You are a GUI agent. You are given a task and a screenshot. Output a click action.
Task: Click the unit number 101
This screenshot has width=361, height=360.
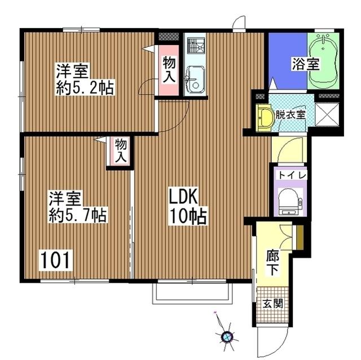tap(55, 260)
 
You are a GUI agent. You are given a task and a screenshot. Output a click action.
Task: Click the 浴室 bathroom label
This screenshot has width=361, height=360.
tap(306, 64)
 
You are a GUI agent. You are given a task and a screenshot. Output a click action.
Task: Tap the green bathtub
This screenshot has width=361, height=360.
tap(323, 61)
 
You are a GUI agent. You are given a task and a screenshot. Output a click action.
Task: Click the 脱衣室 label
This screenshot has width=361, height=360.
tap(290, 115)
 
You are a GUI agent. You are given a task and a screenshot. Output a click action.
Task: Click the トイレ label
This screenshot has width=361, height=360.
tap(292, 176)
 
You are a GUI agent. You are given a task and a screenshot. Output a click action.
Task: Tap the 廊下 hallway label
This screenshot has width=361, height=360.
tap(272, 263)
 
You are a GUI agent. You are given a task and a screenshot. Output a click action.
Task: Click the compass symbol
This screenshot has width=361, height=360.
tap(227, 337)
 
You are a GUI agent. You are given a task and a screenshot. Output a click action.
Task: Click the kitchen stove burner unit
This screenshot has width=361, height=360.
tap(195, 46)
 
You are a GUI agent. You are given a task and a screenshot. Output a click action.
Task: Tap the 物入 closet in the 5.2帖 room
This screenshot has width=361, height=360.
tap(169, 70)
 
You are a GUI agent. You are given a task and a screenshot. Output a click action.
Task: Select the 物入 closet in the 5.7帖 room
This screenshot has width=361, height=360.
tap(120, 150)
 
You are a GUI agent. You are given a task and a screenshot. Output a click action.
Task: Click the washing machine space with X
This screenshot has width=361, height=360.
tap(327, 115)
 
